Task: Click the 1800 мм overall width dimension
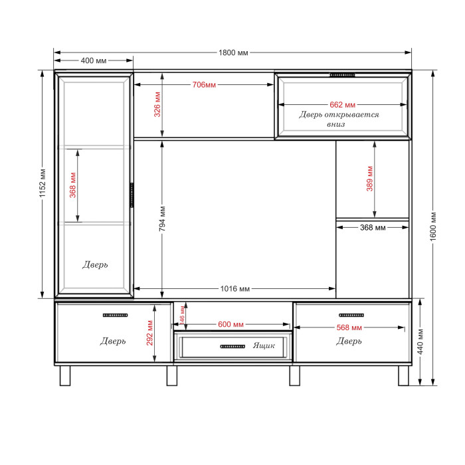click(233, 52)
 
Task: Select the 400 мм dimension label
click(94, 61)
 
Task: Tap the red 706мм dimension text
click(204, 85)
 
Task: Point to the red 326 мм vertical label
click(157, 104)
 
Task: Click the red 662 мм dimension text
click(343, 105)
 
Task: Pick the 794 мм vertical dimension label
click(162, 219)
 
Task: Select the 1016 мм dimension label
click(235, 288)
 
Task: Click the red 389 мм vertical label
click(369, 179)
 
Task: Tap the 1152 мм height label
click(43, 183)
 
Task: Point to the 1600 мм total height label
click(433, 227)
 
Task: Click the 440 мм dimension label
click(420, 341)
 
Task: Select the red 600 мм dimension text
click(231, 324)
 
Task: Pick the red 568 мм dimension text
click(349, 327)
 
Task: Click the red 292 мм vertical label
click(149, 333)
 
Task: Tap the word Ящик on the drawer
click(264, 345)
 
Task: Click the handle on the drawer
click(232, 346)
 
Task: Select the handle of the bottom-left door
click(116, 316)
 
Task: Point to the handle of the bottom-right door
click(351, 316)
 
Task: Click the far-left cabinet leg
click(65, 375)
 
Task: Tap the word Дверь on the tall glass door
click(95, 264)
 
